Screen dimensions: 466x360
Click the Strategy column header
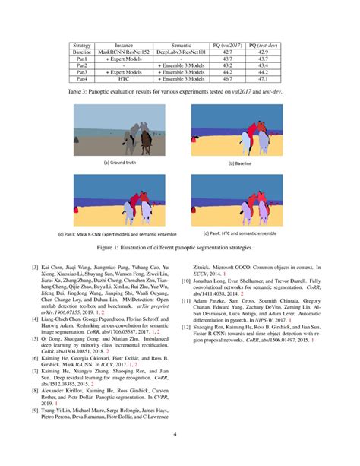[x=82, y=46]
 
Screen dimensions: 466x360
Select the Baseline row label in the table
[x=82, y=53]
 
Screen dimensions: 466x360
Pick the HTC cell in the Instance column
[x=119, y=78]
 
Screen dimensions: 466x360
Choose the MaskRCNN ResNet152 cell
[x=119, y=53]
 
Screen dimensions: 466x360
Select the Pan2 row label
[x=82, y=65]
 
